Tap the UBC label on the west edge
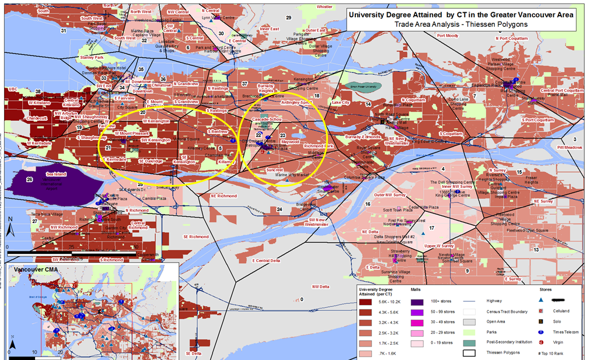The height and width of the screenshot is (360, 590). pyautogui.click(x=13, y=89)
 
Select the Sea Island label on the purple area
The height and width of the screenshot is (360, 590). pyautogui.click(x=56, y=174)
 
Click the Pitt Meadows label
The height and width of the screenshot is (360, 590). pyautogui.click(x=570, y=148)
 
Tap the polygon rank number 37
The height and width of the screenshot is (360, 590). pyautogui.click(x=245, y=83)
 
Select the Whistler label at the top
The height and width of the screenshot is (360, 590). pyautogui.click(x=324, y=7)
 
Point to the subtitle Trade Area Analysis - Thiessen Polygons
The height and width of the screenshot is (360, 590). pyautogui.click(x=460, y=24)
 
